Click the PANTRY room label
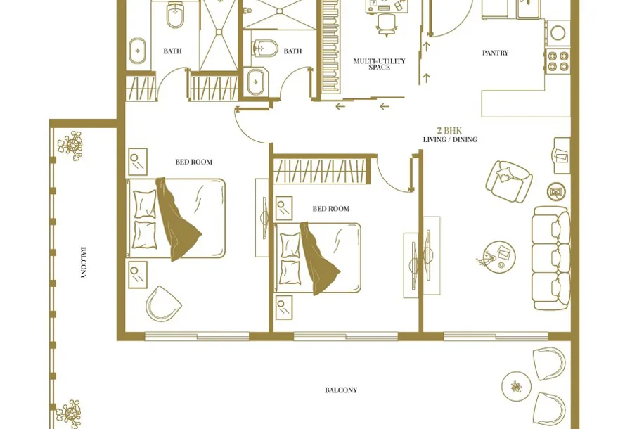click(495, 53)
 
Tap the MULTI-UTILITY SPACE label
click(379, 64)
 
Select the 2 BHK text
click(449, 130)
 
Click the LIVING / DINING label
click(450, 140)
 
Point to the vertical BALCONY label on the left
click(84, 263)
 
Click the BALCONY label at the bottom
click(341, 390)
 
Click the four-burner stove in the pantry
click(558, 60)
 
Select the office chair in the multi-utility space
click(387, 25)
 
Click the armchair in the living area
click(509, 181)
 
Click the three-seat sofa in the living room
click(551, 257)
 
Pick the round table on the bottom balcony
click(517, 386)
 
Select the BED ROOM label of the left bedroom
click(194, 162)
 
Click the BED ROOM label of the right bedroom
click(331, 209)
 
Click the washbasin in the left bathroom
click(138, 51)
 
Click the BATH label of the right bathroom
click(292, 51)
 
